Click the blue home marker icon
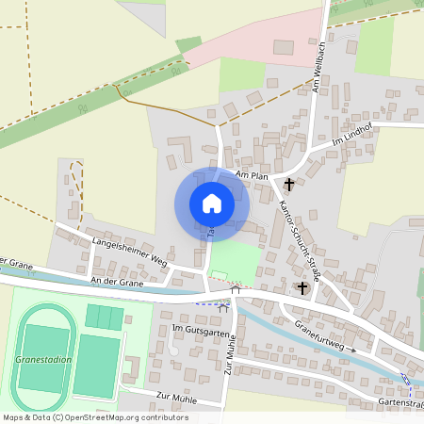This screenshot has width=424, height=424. tap(212, 204)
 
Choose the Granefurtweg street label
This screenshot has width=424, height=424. tap(320, 334)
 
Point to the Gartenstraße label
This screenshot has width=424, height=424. tap(400, 402)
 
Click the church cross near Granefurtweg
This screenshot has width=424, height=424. tap(302, 287)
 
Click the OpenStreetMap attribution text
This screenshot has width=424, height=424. tap(95, 416)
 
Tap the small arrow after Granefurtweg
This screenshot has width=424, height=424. tap(353, 349)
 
